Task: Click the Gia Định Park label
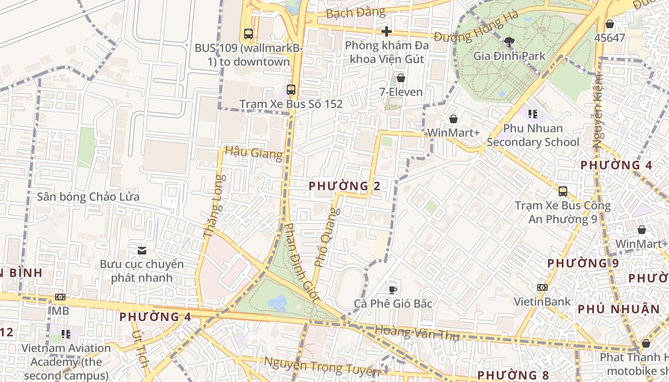pyautogui.click(x=509, y=56)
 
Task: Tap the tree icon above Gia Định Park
pyautogui.click(x=509, y=42)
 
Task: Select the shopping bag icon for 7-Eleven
pyautogui.click(x=400, y=78)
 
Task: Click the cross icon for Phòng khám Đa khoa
pyautogui.click(x=387, y=32)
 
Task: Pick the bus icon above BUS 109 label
pyautogui.click(x=248, y=34)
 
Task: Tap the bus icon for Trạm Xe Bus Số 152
pyautogui.click(x=291, y=89)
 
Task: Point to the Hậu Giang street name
pyautogui.click(x=253, y=152)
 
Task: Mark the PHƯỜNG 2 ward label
pyautogui.click(x=345, y=186)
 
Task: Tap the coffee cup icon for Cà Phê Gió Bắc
pyautogui.click(x=393, y=289)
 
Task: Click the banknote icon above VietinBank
pyautogui.click(x=542, y=287)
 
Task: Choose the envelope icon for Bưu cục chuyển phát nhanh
pyautogui.click(x=142, y=250)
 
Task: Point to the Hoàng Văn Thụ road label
pyautogui.click(x=416, y=333)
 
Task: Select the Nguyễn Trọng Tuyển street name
pyautogui.click(x=322, y=367)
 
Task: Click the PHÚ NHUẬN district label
pyautogui.click(x=618, y=309)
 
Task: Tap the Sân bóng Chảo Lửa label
pyautogui.click(x=88, y=197)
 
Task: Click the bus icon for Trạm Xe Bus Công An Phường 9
pyautogui.click(x=563, y=191)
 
